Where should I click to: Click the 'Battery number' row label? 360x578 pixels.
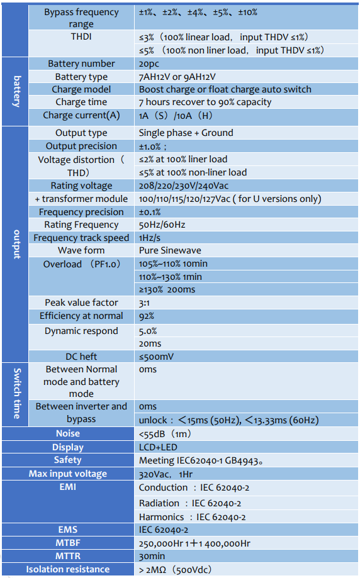point(81,64)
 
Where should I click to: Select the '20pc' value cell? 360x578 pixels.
point(149,64)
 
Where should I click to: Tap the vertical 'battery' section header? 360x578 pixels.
point(17,91)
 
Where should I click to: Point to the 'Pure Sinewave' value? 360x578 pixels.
point(170,250)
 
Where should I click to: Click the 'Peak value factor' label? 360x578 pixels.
point(81,303)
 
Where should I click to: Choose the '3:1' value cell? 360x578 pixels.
point(144,303)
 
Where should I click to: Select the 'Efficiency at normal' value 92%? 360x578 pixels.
point(147,316)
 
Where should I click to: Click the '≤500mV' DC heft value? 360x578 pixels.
point(156,357)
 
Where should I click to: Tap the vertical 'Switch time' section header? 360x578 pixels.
point(17,393)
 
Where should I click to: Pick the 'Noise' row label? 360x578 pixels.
point(68,433)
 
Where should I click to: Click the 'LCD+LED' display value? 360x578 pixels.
point(158,447)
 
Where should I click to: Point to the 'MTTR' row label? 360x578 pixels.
point(68,556)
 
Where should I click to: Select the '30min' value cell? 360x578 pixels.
point(152,556)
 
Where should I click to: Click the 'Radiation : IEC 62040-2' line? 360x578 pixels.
point(190,503)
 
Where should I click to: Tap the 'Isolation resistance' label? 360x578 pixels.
point(68,569)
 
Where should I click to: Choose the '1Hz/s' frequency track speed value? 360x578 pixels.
point(149,238)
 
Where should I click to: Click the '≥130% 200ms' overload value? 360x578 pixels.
point(167,289)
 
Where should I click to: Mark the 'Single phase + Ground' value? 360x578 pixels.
point(186,133)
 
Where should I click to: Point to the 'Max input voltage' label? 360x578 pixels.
point(68,474)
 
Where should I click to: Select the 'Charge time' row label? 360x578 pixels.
point(81,102)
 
